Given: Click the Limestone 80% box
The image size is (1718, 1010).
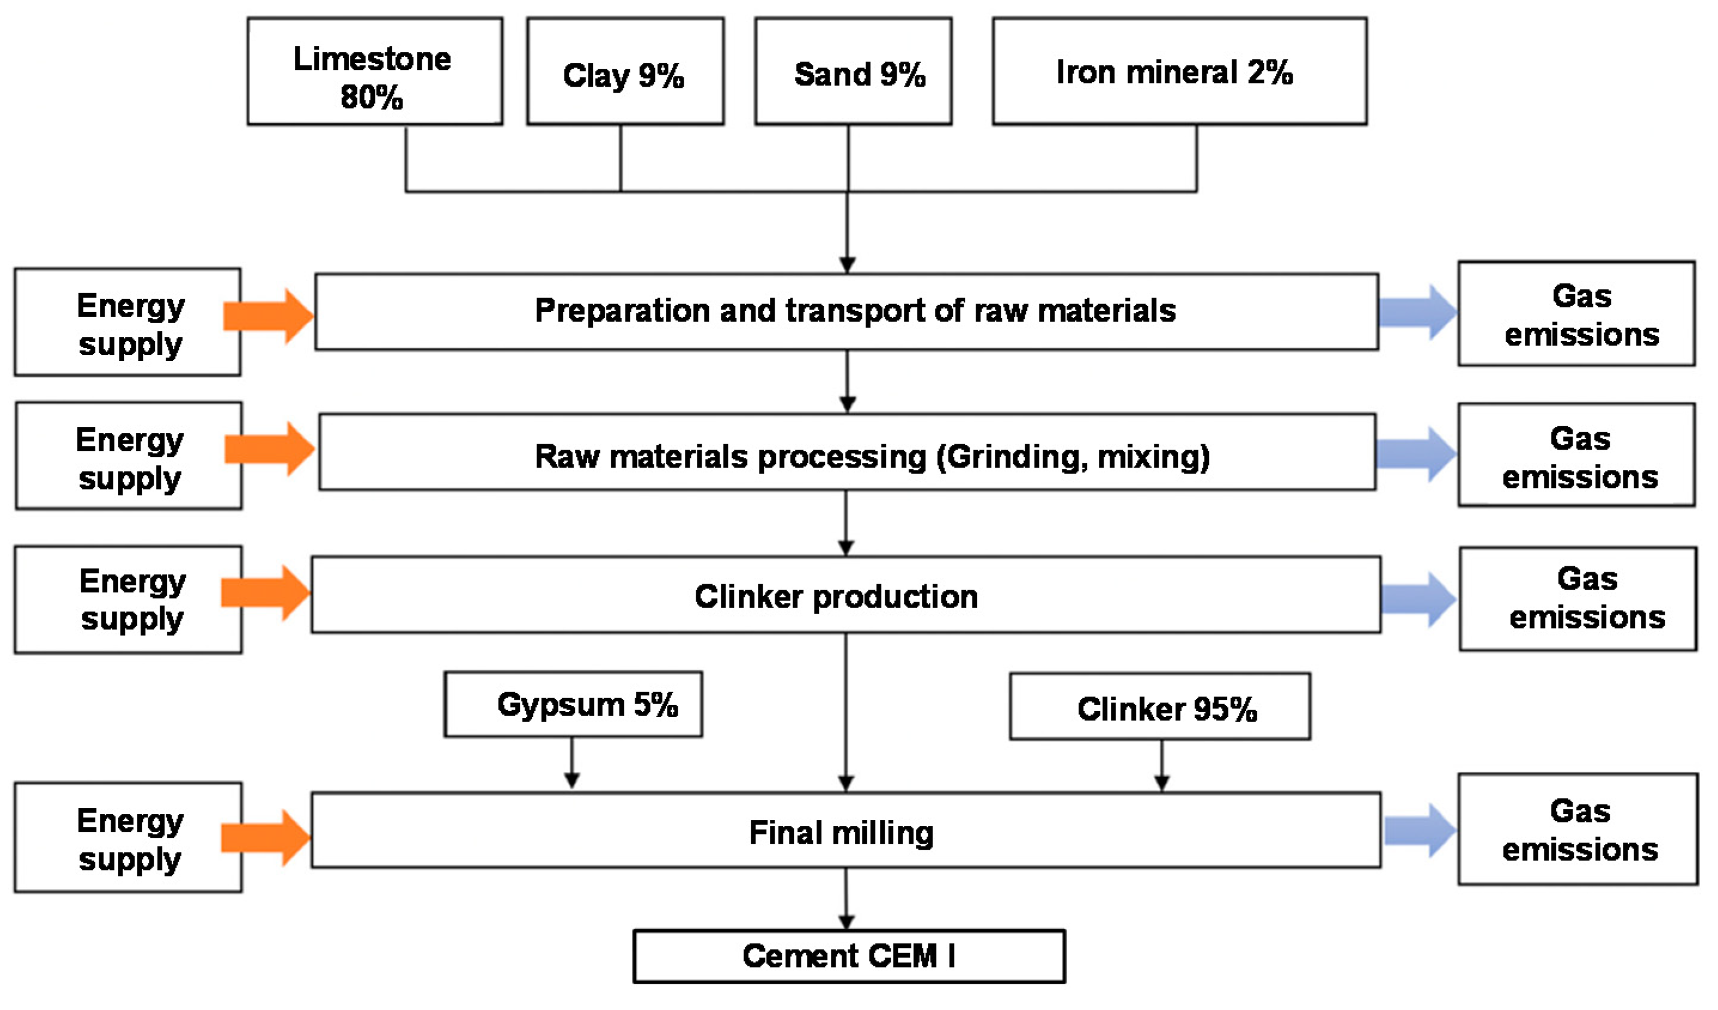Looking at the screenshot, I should click(374, 72).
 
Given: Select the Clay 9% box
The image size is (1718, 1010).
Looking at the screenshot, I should click(625, 72).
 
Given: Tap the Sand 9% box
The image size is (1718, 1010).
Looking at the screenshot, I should click(853, 72).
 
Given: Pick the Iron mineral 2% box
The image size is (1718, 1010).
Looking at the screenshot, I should click(1179, 72).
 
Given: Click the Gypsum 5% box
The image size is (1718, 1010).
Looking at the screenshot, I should click(572, 704).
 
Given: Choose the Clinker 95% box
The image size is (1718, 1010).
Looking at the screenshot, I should click(1159, 707).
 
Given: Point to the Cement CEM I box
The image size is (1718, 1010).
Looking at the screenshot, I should click(849, 956).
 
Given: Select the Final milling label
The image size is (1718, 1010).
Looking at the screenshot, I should click(840, 833).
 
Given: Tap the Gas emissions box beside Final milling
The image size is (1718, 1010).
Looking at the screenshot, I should click(1577, 829).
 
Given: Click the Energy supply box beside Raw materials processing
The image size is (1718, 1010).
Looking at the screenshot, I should click(129, 456).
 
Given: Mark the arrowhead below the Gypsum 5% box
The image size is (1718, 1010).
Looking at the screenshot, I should click(572, 780).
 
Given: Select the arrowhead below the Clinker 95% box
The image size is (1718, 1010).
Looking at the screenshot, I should click(1162, 783).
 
